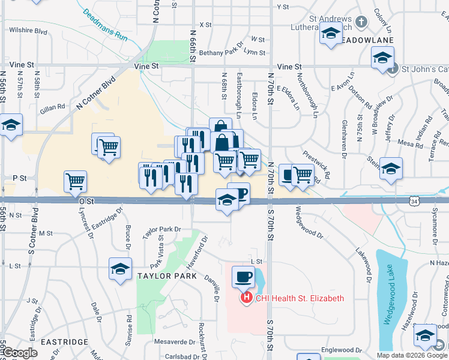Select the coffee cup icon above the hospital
243,277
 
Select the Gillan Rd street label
53,107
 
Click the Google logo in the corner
20,353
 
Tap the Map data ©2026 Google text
412,355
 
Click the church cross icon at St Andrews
361,22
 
